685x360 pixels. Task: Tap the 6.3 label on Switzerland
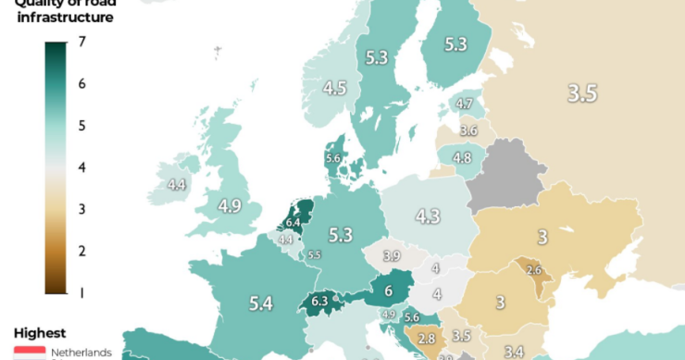click(x=320, y=300)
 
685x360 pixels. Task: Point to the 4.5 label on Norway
click(x=335, y=89)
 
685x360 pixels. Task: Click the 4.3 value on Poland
click(x=427, y=217)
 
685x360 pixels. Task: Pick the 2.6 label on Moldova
click(x=533, y=270)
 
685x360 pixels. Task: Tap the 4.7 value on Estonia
click(x=467, y=105)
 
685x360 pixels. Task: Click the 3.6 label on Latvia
click(x=468, y=130)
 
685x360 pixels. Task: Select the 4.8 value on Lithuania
click(x=462, y=157)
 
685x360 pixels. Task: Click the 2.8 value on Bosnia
click(x=427, y=340)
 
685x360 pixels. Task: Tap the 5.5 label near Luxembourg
click(x=314, y=254)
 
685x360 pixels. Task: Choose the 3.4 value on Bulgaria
click(x=514, y=351)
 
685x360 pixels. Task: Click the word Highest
click(x=40, y=332)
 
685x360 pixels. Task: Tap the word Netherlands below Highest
click(x=81, y=353)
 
